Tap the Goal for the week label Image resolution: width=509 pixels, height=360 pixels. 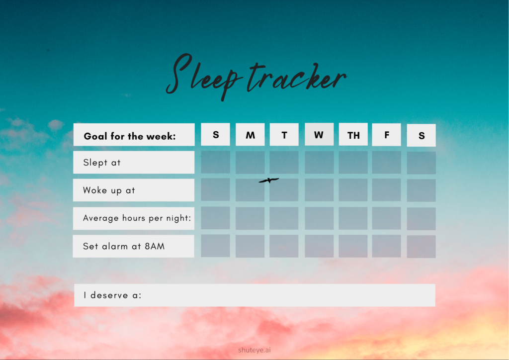130,136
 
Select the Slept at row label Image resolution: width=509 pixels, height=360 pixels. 101,162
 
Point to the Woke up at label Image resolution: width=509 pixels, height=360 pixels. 109,190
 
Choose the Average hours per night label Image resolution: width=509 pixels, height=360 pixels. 137,218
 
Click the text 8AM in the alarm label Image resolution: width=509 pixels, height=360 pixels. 155,246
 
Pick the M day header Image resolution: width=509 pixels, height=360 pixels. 250,135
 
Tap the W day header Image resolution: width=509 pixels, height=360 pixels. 319,134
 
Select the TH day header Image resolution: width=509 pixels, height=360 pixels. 353,134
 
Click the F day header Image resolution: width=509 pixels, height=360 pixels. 387,135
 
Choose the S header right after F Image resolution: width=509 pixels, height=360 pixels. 422,135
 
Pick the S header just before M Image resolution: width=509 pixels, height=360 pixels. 216,134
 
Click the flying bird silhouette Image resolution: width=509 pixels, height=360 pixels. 269,180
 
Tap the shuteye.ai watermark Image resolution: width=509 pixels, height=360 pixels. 254,350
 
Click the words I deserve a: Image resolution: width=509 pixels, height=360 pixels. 112,295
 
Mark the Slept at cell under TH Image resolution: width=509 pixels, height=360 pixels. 353,162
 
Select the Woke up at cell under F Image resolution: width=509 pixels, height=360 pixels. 387,190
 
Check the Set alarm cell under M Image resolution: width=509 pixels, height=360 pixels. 250,247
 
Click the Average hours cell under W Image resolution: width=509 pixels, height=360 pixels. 319,218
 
